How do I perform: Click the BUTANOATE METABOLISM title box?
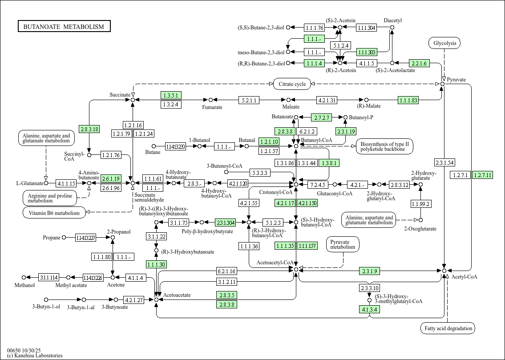pyautogui.click(x=64, y=27)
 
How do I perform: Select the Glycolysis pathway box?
pyautogui.click(x=444, y=43)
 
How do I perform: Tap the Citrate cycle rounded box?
pyautogui.click(x=292, y=84)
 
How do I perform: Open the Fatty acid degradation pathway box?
pyautogui.click(x=448, y=328)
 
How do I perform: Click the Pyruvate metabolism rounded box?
pyautogui.click(x=343, y=244)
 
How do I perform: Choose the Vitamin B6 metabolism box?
pyautogui.click(x=54, y=213)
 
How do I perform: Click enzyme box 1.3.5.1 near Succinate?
pyautogui.click(x=170, y=95)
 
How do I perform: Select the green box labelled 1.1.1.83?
pyautogui.click(x=408, y=100)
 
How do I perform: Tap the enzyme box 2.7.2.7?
pyautogui.click(x=322, y=117)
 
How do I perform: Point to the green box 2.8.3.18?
pyautogui.click(x=89, y=129)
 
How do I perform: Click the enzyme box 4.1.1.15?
pyautogui.click(x=66, y=183)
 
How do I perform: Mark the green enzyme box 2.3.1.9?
pyautogui.click(x=370, y=271)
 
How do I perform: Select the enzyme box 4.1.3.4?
pyautogui.click(x=370, y=309)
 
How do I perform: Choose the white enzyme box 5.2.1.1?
pyautogui.click(x=249, y=100)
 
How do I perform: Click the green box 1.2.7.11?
pyautogui.click(x=482, y=175)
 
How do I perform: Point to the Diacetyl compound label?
pyautogui.click(x=392, y=20)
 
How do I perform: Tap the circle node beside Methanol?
pyautogui.click(x=24, y=278)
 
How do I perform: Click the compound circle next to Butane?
pyautogui.click(x=154, y=146)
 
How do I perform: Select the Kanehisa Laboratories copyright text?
pyautogui.click(x=35, y=356)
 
